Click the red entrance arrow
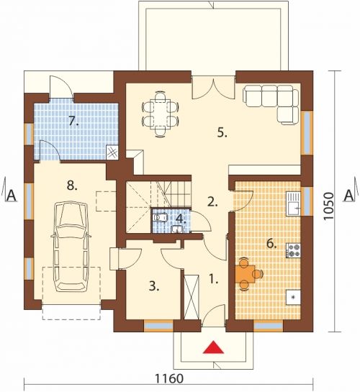[x=213, y=347]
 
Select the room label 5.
[x=222, y=133]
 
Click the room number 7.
[x=74, y=121]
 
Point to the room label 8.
[x=72, y=186]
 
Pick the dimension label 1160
[x=169, y=378]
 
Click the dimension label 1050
[x=328, y=206]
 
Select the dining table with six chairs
[x=160, y=114]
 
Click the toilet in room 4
[x=160, y=217]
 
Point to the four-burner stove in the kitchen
[x=294, y=250]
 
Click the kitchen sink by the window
[x=294, y=204]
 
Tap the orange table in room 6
[x=246, y=274]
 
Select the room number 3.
[x=154, y=286]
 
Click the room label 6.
[x=271, y=244]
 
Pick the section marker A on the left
[x=12, y=196]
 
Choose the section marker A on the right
[x=349, y=196]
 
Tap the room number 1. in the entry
[x=213, y=279]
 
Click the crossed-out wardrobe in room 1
[x=192, y=297]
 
